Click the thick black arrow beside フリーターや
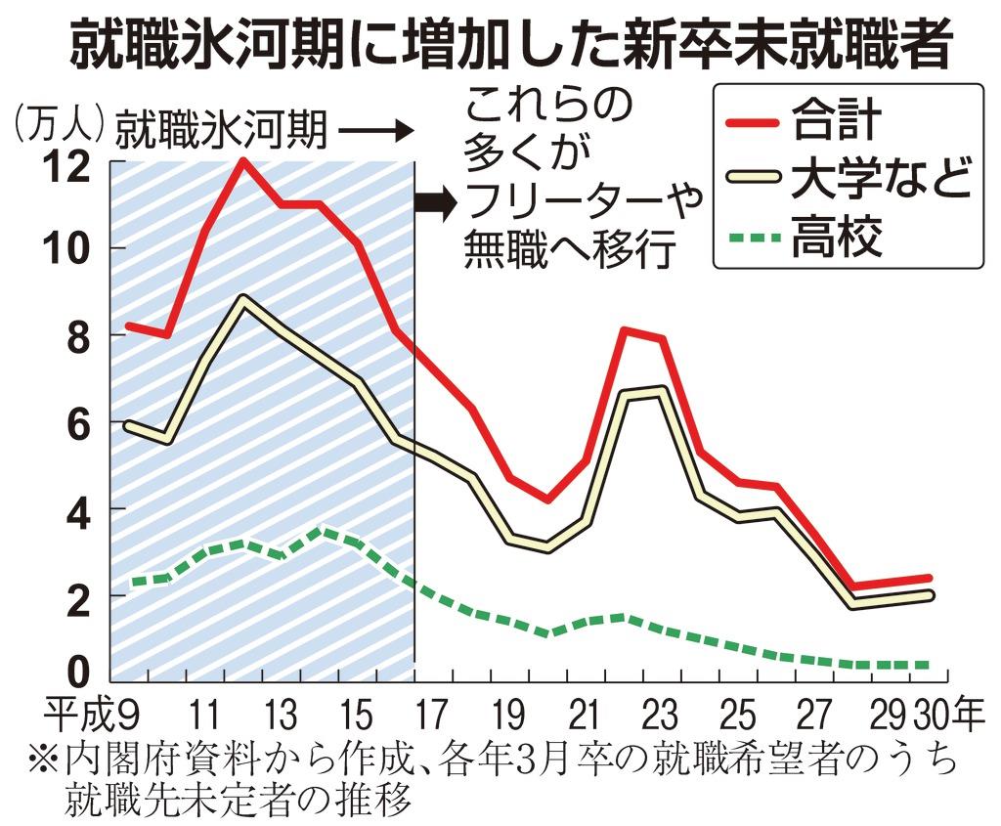tap(436, 203)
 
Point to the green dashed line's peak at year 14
tap(324, 531)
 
